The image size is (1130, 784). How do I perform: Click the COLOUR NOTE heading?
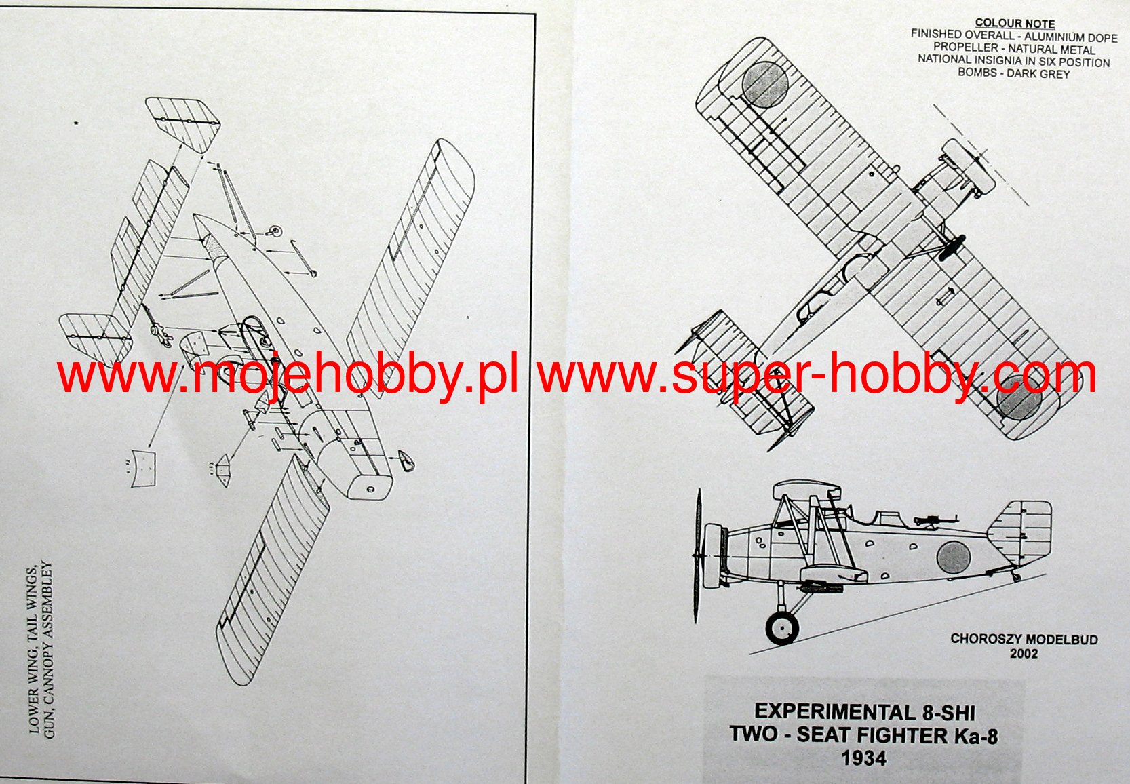pos(1015,23)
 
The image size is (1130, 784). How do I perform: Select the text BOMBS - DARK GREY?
pos(1013,73)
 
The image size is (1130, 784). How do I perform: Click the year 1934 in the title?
pos(863,758)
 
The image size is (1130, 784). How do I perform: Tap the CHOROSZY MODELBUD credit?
pos(1024,639)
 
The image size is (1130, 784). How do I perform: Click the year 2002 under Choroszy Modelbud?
pos(1024,654)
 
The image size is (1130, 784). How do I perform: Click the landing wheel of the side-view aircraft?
pos(782,628)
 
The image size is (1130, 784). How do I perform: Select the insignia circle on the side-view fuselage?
pos(953,557)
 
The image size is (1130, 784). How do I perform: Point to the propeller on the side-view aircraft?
pos(697,556)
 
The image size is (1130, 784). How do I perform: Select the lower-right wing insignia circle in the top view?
pos(1019,403)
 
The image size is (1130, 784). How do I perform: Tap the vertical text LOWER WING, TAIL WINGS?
pos(33,651)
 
